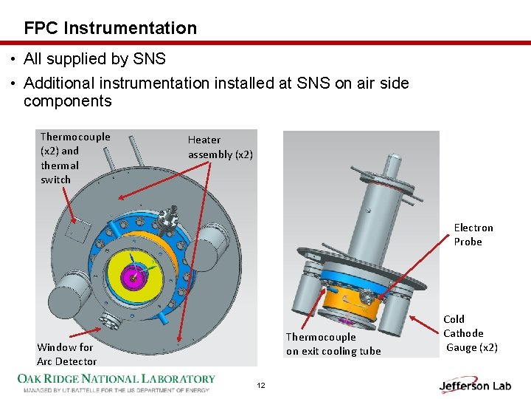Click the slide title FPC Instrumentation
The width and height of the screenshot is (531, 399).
click(x=111, y=28)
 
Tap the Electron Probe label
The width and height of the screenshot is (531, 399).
click(x=473, y=235)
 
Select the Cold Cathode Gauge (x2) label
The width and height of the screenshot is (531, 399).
click(x=470, y=333)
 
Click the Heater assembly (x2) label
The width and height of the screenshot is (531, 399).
click(x=220, y=147)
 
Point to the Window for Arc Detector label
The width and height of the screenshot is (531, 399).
click(x=66, y=354)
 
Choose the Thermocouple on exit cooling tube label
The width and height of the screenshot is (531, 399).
click(x=333, y=344)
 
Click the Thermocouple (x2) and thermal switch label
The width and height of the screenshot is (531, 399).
click(x=74, y=158)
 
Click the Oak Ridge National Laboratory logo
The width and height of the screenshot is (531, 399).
click(x=117, y=382)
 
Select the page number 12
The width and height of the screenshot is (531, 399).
click(x=260, y=386)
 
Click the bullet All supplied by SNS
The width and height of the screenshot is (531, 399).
click(x=94, y=58)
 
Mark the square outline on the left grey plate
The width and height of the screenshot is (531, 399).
click(x=77, y=232)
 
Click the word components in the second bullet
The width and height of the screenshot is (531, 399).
click(x=67, y=101)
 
